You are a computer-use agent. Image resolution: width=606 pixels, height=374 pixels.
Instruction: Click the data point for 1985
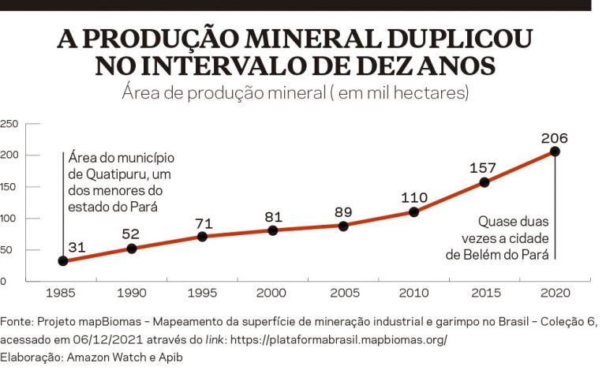tap(62, 261)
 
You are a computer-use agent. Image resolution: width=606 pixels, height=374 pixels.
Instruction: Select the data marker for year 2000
tap(273, 230)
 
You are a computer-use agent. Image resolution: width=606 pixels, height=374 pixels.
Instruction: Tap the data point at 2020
tap(555, 151)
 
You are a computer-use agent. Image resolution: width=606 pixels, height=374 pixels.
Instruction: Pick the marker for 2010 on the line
tap(413, 212)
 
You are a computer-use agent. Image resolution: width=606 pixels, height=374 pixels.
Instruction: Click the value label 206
tap(555, 138)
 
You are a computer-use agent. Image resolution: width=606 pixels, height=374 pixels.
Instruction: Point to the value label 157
tap(484, 168)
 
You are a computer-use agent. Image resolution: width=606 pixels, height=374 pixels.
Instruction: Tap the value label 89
tap(343, 211)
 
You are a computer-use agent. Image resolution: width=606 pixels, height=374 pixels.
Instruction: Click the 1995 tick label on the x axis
tap(203, 294)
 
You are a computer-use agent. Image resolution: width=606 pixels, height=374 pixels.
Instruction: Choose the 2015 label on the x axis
tap(484, 294)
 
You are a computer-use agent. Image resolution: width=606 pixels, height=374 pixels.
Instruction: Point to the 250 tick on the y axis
tap(8, 123)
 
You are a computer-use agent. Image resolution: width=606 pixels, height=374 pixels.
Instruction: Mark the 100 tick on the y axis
tap(8, 219)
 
